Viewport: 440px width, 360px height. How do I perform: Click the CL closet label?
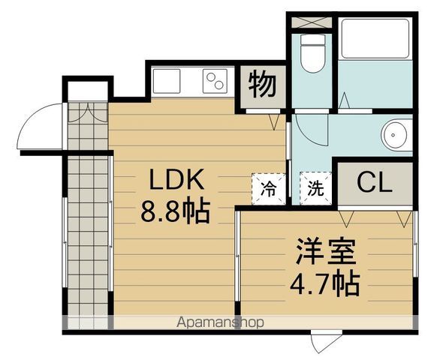pyautogui.click(x=373, y=182)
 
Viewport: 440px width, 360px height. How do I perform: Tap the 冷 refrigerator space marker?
pyautogui.click(x=268, y=188)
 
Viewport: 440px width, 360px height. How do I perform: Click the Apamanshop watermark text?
pyautogui.click(x=221, y=323)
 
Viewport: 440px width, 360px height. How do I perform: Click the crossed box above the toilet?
pyautogui.click(x=309, y=21)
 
